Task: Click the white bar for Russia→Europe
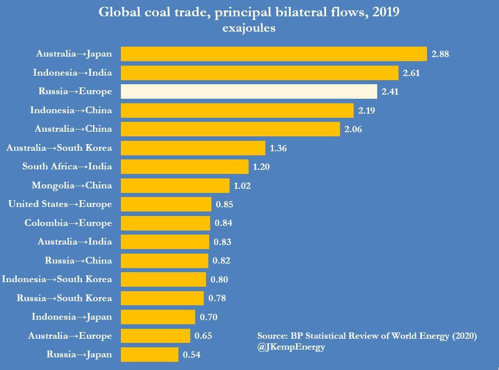click(x=249, y=91)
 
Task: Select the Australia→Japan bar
click(x=273, y=54)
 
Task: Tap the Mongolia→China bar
click(x=175, y=186)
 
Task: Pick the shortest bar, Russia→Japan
click(x=149, y=355)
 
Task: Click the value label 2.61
click(x=412, y=73)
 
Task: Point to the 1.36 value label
click(x=278, y=148)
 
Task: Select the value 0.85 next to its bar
click(x=225, y=204)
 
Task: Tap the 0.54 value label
click(x=192, y=355)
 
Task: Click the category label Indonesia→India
click(x=72, y=72)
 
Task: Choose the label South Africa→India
click(x=67, y=167)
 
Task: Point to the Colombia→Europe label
click(x=68, y=223)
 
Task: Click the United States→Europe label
click(x=60, y=204)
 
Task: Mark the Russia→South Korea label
click(x=64, y=298)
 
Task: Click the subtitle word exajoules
click(x=249, y=29)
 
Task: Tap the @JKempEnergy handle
click(x=291, y=347)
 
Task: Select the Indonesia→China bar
click(x=237, y=111)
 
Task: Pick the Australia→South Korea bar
click(x=193, y=148)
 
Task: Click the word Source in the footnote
click(x=270, y=336)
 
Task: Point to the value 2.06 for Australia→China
click(x=353, y=130)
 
